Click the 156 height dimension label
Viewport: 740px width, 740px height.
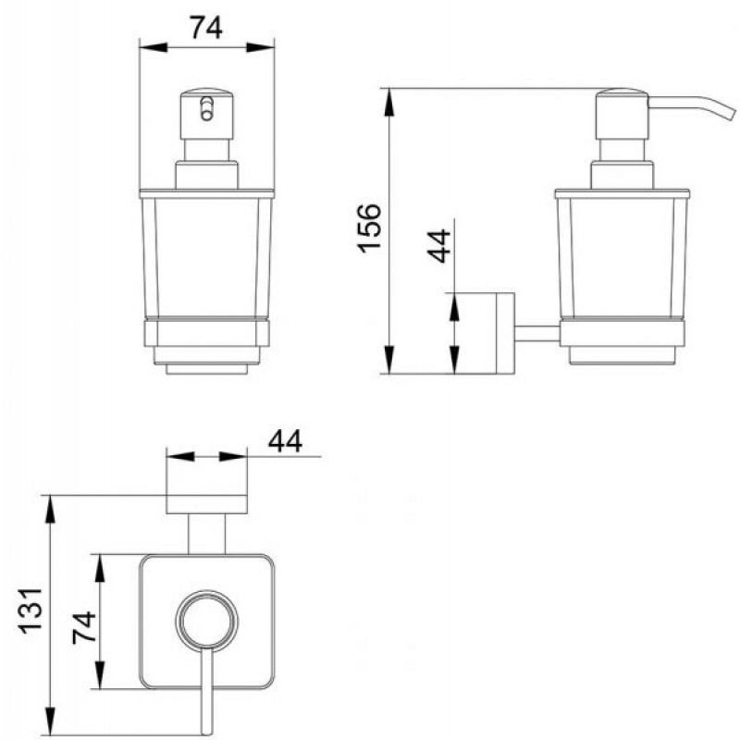click(x=368, y=228)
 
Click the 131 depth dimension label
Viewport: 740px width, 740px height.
click(x=31, y=610)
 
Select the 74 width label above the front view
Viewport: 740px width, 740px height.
click(x=206, y=28)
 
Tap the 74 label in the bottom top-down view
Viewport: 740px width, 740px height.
click(x=84, y=627)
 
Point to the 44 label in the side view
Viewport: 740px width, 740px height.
click(x=438, y=245)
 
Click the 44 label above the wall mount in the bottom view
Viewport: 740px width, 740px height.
click(x=285, y=441)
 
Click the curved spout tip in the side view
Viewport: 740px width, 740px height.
click(x=730, y=114)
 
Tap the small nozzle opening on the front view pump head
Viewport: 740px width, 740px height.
click(x=206, y=109)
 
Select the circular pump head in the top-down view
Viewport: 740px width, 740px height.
click(x=206, y=618)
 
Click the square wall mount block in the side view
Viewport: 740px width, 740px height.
click(x=479, y=333)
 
